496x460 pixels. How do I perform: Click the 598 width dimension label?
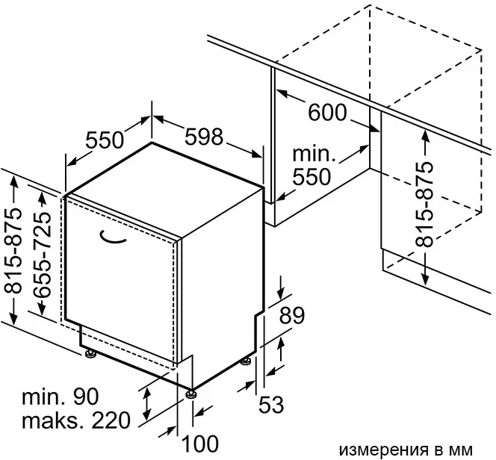point(204,137)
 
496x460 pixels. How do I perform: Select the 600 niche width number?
point(327,113)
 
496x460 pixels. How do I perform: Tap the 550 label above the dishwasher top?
point(105,140)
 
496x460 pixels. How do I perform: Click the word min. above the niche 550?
point(314,154)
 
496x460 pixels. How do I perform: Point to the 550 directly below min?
point(311,177)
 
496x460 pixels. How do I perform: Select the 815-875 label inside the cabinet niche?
point(424,204)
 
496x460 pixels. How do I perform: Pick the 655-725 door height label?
point(42,255)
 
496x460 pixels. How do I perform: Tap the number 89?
point(291,315)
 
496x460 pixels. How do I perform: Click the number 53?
point(271,405)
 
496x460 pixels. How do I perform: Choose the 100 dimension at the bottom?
point(200,444)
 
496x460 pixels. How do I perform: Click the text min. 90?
point(60,397)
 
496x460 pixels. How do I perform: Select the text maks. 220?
point(76,420)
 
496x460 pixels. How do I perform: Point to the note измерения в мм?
point(406,450)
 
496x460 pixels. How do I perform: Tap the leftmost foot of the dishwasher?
point(91,354)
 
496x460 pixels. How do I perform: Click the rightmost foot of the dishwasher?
point(246,361)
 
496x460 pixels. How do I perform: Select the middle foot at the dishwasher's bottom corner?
point(191,394)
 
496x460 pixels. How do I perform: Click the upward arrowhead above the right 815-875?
point(426,137)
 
